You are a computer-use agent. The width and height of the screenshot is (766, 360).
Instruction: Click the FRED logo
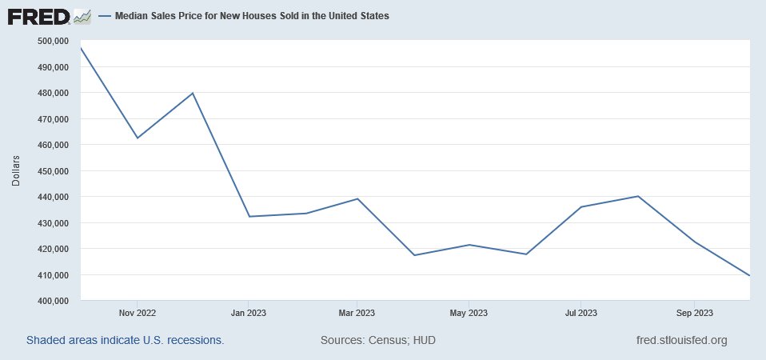coord(49,16)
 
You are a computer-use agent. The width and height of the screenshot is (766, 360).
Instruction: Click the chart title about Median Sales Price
coord(252,16)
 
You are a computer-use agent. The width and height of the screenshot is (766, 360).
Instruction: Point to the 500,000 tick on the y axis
coord(54,41)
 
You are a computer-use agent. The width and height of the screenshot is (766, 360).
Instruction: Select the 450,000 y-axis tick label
coord(54,171)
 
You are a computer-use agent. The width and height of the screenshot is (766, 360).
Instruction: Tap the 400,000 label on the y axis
coord(54,301)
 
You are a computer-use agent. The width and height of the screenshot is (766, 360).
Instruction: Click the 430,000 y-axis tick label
coord(54,222)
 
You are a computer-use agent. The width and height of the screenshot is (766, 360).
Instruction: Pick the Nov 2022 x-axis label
coord(138,313)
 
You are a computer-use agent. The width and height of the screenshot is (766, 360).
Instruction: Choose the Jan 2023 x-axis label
coord(248,313)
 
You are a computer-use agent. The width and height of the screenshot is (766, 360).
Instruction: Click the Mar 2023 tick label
coord(357,313)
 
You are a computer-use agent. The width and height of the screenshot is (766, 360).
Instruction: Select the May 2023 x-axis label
coord(469,313)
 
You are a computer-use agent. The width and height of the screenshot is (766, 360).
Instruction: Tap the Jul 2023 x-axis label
coord(580,313)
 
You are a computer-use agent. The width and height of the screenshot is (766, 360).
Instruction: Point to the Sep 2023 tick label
coord(694,313)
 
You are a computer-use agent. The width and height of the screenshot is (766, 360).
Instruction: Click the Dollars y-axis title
coord(16,170)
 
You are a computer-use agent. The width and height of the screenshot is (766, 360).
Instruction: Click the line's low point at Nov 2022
coord(138,138)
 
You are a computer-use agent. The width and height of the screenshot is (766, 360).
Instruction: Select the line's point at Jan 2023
coord(249,216)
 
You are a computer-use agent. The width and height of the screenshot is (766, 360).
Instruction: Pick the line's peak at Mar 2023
coord(357,199)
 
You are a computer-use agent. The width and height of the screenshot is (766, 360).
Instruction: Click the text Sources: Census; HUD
coord(377,340)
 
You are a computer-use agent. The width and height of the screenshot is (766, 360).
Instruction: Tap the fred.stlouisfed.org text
coord(682,340)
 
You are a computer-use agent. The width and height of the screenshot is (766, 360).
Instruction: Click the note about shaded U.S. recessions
coord(125,340)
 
